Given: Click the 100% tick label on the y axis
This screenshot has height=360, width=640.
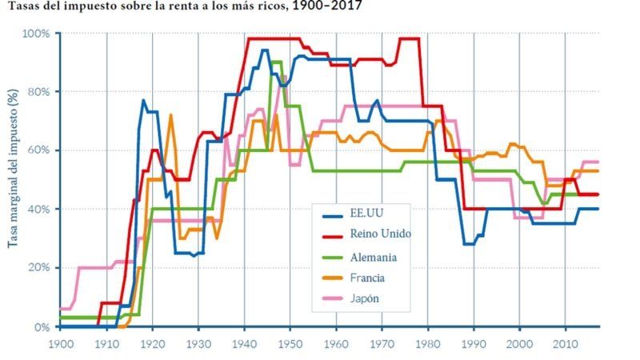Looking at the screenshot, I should pyautogui.click(x=36, y=34).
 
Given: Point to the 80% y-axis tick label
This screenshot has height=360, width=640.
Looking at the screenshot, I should pyautogui.click(x=38, y=92).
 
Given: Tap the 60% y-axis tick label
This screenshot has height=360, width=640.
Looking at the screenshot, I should pyautogui.click(x=38, y=150).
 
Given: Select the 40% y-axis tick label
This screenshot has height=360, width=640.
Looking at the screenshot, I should pyautogui.click(x=38, y=210).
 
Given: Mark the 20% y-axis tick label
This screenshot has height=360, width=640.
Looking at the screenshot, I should pyautogui.click(x=38, y=268).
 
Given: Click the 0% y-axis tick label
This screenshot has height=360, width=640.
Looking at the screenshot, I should pyautogui.click(x=42, y=327).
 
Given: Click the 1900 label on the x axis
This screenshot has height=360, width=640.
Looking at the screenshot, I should pyautogui.click(x=61, y=343).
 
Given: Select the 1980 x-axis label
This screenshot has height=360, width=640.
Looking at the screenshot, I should pyautogui.click(x=427, y=343).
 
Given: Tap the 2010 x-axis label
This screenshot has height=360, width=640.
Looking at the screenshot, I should pyautogui.click(x=565, y=343).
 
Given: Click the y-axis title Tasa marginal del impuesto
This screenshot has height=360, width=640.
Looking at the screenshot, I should pyautogui.click(x=14, y=179).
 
